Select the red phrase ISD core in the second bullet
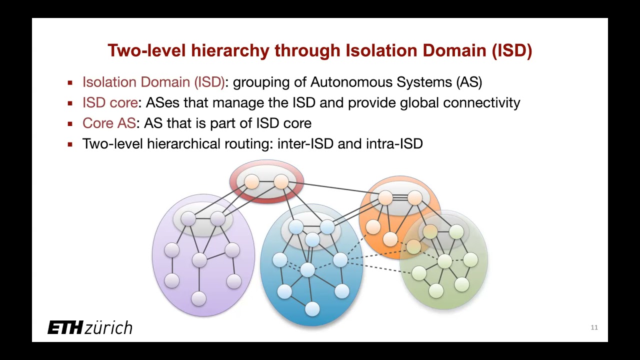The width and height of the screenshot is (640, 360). coord(110,103)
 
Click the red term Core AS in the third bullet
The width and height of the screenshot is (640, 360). coord(109,123)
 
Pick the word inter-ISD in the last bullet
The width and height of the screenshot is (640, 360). coord(305,144)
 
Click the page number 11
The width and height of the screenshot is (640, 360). coord(594,328)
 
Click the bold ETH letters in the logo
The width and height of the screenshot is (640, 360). coord(65,328)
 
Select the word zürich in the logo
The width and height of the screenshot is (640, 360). coord(108,328)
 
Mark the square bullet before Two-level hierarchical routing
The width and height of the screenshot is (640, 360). coord(70,144)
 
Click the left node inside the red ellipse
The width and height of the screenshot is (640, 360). coord(251,182)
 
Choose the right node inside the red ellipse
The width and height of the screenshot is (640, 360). coord(281,181)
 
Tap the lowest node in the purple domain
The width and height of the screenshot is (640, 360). coord(199,298)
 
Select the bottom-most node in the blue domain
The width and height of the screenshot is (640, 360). coord(312,309)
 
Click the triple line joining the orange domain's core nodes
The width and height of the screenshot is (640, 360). coord(400,198)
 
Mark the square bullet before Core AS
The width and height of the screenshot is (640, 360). coord(70,124)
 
